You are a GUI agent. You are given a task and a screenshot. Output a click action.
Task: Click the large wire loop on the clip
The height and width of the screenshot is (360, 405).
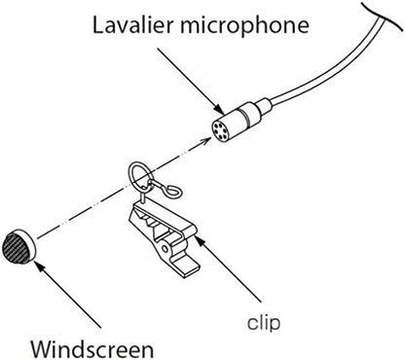[x=141, y=176]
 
